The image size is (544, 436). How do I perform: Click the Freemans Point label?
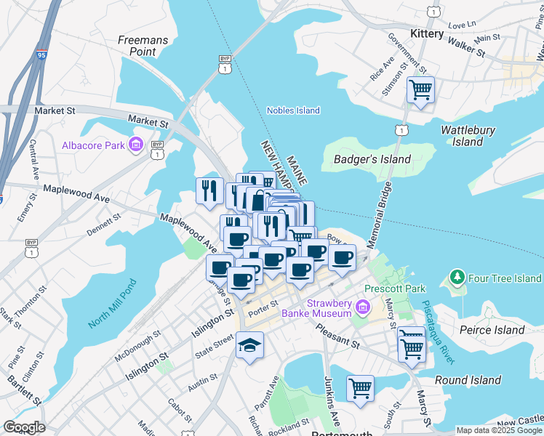click(x=137, y=45)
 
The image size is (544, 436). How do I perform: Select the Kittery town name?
click(x=426, y=34)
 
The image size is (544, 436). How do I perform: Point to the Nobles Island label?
click(x=293, y=110)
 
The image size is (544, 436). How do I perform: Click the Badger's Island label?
click(x=372, y=159)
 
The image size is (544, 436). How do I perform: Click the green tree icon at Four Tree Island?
click(x=457, y=278)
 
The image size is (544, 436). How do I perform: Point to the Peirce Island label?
click(x=493, y=330)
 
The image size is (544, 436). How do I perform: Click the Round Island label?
click(x=467, y=380)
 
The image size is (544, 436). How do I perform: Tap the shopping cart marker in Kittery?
click(x=420, y=90)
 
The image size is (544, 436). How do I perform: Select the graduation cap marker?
click(x=249, y=346)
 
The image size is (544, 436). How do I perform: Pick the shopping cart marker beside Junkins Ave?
click(x=360, y=389)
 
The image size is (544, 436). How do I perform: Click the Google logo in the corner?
click(x=23, y=427)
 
